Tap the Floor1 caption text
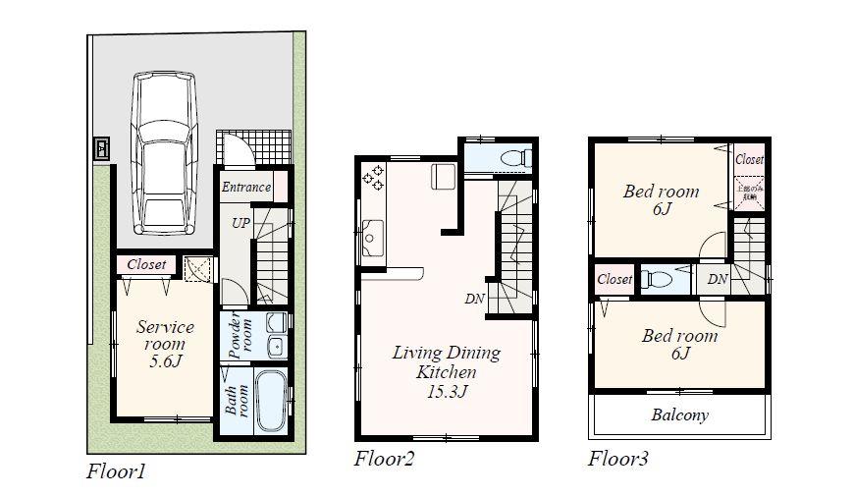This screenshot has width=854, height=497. (x=116, y=472)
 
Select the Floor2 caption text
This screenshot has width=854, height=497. (x=384, y=459)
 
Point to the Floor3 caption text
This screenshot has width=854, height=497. (x=617, y=459)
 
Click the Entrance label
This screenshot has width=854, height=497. (x=245, y=188)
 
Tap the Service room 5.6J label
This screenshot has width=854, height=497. (x=165, y=345)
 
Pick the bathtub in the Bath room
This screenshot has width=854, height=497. (x=271, y=401)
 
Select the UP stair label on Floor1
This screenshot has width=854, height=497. (x=240, y=223)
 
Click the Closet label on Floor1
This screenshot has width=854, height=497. (x=146, y=264)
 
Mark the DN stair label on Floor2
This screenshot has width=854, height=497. (x=474, y=299)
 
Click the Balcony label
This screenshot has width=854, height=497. (x=679, y=414)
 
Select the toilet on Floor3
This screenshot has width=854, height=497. (x=658, y=280)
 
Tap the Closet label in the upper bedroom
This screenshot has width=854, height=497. (x=749, y=159)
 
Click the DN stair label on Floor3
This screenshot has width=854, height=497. (x=718, y=280)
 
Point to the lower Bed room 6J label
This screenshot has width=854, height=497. (x=679, y=345)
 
